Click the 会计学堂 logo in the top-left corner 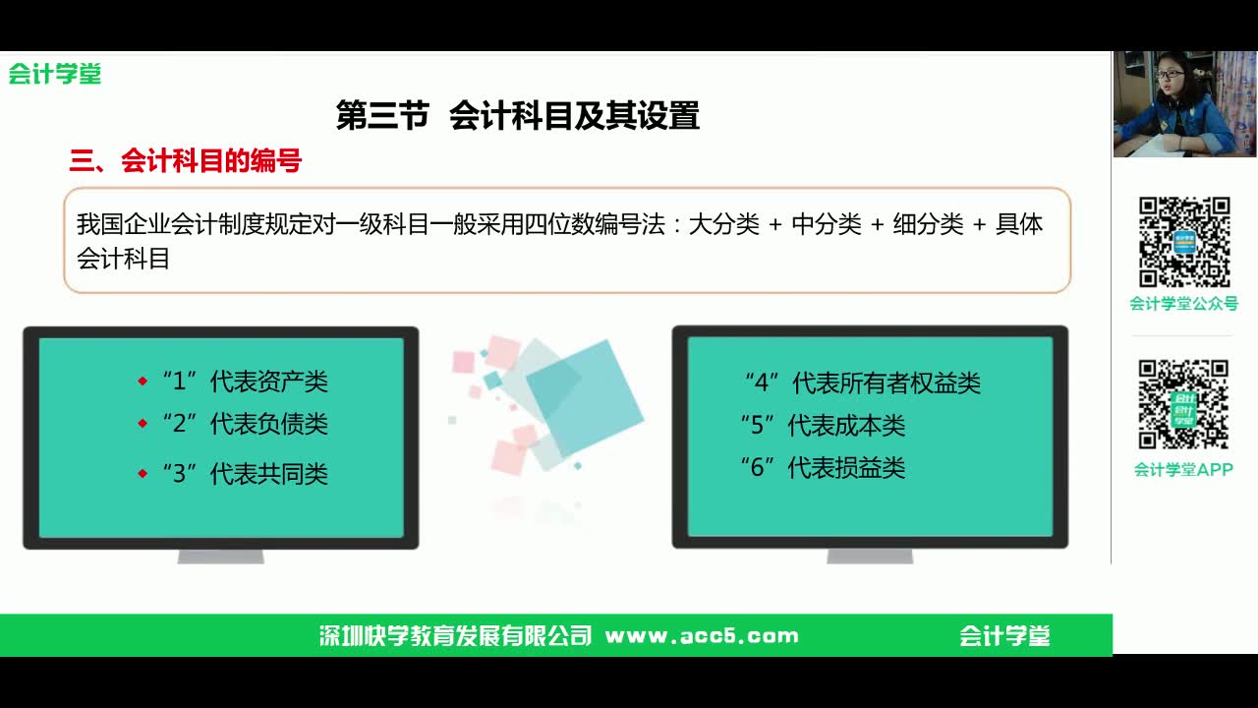tap(55, 74)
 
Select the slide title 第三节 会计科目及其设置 tap(517, 116)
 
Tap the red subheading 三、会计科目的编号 tap(185, 161)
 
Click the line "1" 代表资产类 tap(245, 382)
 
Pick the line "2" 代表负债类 tap(245, 424)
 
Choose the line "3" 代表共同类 tap(245, 474)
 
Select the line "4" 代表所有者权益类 tap(862, 383)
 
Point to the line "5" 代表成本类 tap(823, 426)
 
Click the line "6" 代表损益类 tap(823, 468)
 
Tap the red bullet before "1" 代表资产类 tap(143, 382)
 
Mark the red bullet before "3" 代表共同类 tap(143, 474)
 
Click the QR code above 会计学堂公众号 tap(1184, 242)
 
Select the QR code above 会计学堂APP tap(1184, 404)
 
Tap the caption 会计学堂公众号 tap(1184, 304)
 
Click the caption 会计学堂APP tap(1184, 470)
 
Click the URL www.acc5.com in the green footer tap(702, 635)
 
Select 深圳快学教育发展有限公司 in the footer tap(456, 635)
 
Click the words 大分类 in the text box tap(723, 224)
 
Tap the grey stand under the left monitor tap(220, 556)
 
